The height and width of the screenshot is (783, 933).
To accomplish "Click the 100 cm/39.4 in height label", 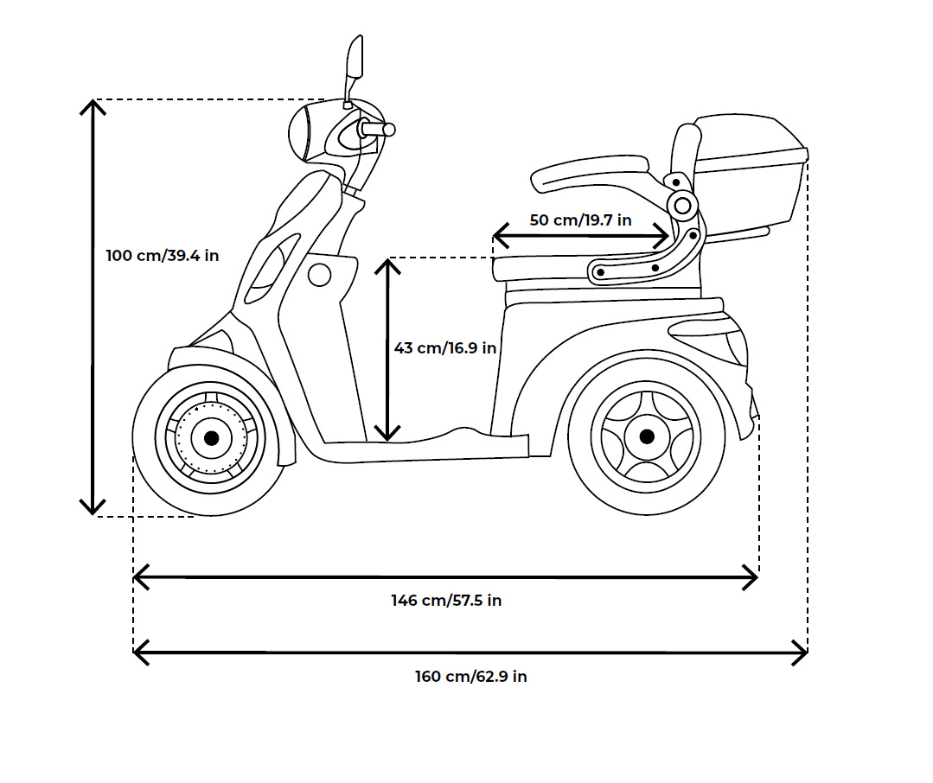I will (x=162, y=256).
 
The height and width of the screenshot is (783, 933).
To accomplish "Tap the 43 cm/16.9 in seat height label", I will (x=444, y=347).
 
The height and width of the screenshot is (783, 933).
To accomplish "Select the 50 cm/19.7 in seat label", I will (x=580, y=220).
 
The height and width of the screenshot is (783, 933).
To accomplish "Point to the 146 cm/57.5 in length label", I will (x=446, y=600).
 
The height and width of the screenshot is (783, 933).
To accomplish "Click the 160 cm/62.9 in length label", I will (x=470, y=676).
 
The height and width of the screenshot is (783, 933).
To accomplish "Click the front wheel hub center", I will (x=211, y=438).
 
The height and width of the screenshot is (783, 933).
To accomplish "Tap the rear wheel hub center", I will (x=646, y=436).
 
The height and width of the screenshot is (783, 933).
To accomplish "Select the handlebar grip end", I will (x=389, y=130).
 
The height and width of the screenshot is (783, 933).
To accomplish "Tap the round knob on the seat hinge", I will (x=682, y=205).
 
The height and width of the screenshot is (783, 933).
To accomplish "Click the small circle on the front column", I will (x=320, y=276).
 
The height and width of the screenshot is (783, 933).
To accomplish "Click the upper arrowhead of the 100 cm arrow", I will (x=93, y=105).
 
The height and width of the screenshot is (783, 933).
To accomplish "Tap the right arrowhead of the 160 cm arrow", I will (x=802, y=652).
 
